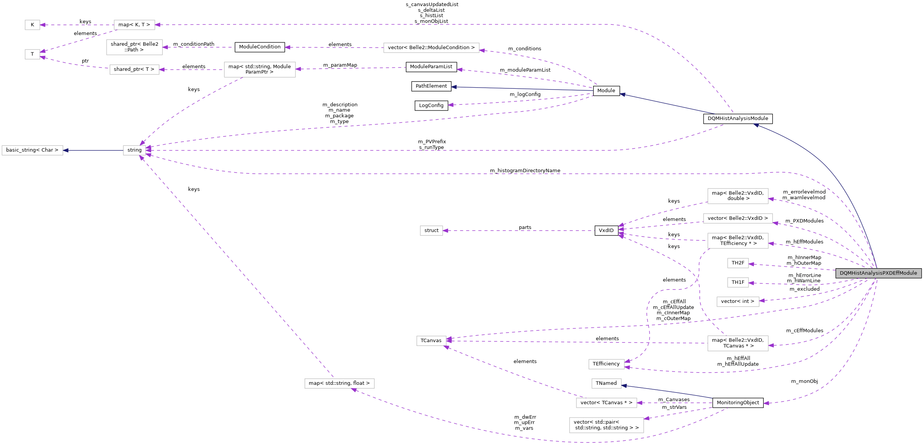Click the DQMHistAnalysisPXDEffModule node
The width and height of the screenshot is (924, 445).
pyautogui.click(x=878, y=273)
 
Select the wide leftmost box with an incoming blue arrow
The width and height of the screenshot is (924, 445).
pyautogui.click(x=32, y=150)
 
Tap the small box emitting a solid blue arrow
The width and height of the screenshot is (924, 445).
pyautogui.click(x=134, y=150)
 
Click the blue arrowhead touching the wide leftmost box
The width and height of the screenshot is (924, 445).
pyautogui.click(x=66, y=150)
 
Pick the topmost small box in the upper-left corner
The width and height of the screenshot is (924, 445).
pyautogui.click(x=32, y=25)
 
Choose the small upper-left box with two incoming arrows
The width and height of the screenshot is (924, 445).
pyautogui.click(x=32, y=54)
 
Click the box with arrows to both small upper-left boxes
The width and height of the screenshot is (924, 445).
pyautogui.click(x=134, y=25)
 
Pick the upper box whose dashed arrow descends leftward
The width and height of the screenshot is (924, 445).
pyautogui.click(x=260, y=70)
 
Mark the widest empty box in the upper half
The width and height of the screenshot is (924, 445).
pyautogui.click(x=431, y=48)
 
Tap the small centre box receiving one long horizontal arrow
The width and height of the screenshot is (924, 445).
pyautogui.click(x=431, y=231)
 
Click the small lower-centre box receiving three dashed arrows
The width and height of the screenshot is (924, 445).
pyautogui.click(x=431, y=341)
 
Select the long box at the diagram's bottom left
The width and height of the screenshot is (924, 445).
pyautogui.click(x=339, y=384)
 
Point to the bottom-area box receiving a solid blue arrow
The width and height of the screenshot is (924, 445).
pyautogui.click(x=606, y=384)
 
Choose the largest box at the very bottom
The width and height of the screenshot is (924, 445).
pyautogui.click(x=606, y=425)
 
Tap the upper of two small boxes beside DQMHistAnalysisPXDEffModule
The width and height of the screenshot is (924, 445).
pyautogui.click(x=738, y=263)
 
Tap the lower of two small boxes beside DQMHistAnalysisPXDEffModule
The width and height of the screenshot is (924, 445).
pyautogui.click(x=738, y=283)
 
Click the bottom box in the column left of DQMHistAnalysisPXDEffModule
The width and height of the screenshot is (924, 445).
pyautogui.click(x=738, y=343)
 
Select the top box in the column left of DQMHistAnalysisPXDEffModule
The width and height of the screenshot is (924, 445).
pyautogui.click(x=738, y=196)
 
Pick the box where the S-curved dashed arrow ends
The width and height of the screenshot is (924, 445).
pyautogui.click(x=606, y=365)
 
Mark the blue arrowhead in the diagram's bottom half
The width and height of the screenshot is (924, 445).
pyautogui.click(x=624, y=386)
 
